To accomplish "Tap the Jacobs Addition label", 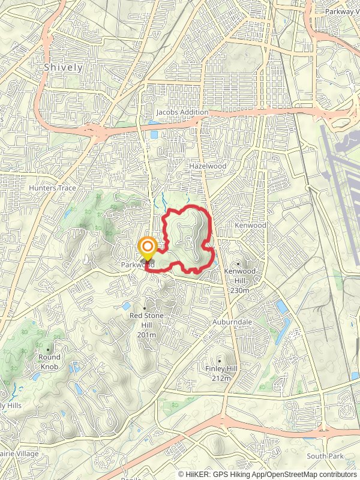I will pos(182,112).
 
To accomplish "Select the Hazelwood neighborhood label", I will pos(207,166).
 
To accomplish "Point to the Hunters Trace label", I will pos(52,188).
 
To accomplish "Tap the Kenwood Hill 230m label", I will pos(239,280).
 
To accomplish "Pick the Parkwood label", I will pos(137,265).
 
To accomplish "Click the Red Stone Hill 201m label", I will pos(146,325).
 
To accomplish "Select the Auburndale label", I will pos(232,322).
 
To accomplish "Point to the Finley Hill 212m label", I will pos(221,373).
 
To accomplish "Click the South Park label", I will pos(325,456).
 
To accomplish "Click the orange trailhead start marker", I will pos(147,248).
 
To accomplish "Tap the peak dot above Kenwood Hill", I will pos(238,263).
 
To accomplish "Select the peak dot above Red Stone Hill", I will pos(145,308).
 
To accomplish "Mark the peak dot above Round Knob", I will pos(49,349).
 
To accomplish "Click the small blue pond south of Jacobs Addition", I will pos(154,134).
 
